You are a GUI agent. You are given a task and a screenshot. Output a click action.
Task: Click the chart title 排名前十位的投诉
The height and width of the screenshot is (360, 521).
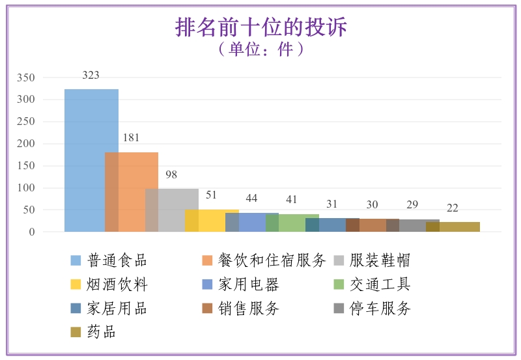tap(260, 27)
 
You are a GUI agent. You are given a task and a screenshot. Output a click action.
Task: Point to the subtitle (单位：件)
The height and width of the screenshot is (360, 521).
tap(260, 49)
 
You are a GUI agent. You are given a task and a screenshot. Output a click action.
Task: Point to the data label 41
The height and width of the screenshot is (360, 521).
tap(292, 199)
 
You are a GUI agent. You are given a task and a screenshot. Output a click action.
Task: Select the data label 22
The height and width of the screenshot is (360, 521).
tap(452, 208)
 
